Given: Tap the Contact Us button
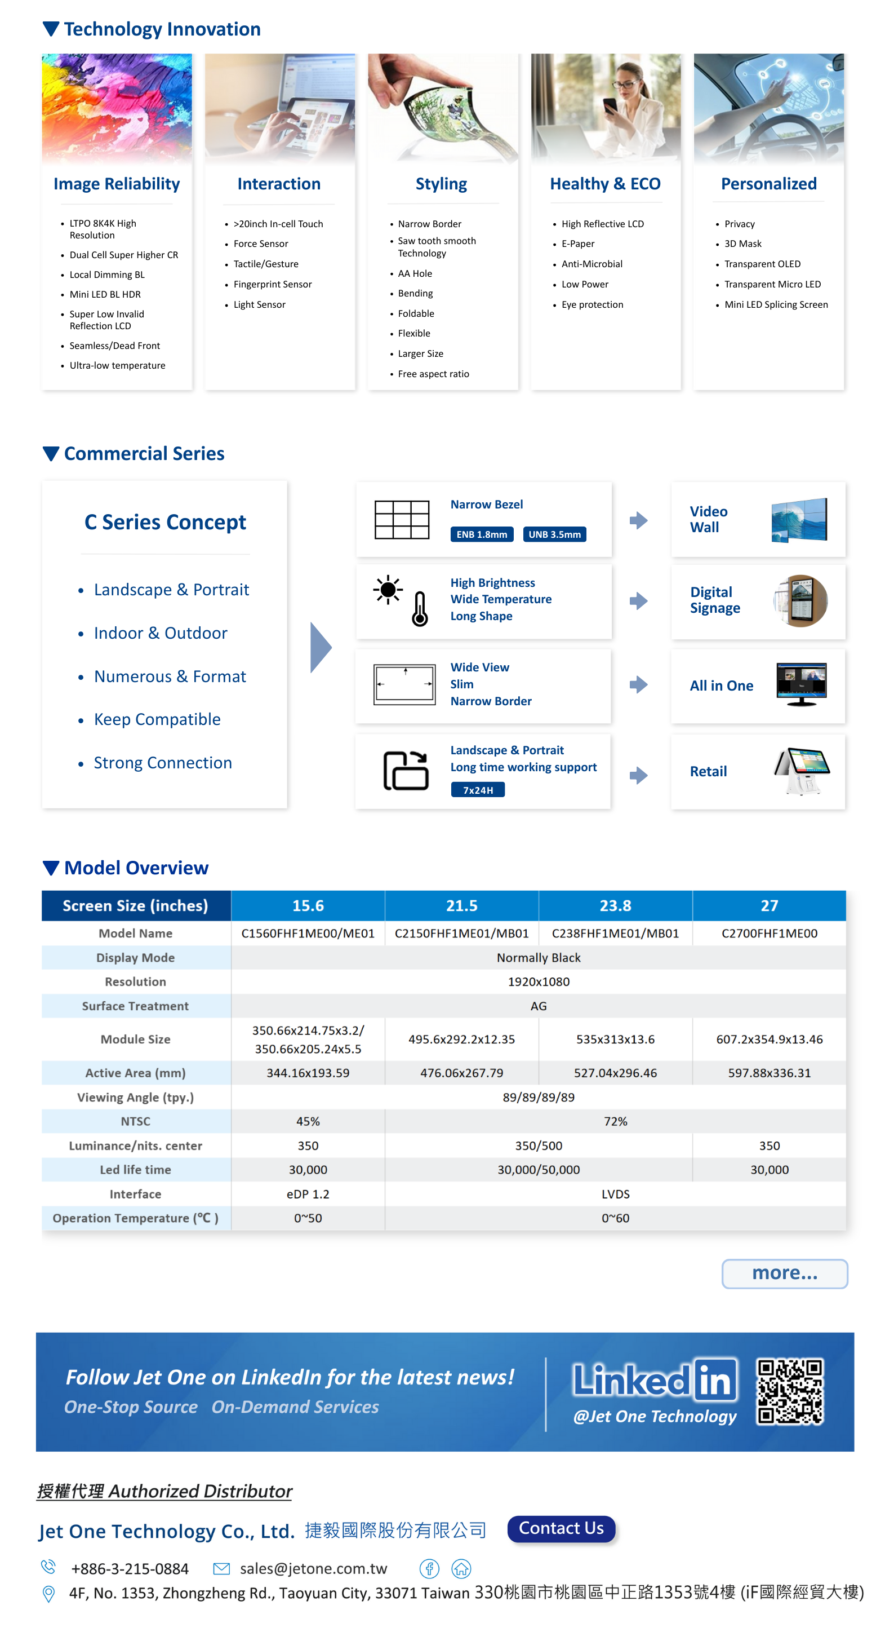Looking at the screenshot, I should pyautogui.click(x=561, y=1528).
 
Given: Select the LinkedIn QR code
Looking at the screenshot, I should pyautogui.click(x=790, y=1391).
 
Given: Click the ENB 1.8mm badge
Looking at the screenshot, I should pyautogui.click(x=482, y=534).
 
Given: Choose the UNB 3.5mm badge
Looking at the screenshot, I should pyautogui.click(x=555, y=534).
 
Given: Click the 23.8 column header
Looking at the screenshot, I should pyautogui.click(x=615, y=905).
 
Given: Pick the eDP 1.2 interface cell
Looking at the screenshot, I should pyautogui.click(x=308, y=1193).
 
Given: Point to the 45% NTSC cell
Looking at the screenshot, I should pyautogui.click(x=308, y=1121).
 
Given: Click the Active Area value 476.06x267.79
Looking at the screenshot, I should pyautogui.click(x=461, y=1073).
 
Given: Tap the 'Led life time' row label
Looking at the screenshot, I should pyautogui.click(x=136, y=1170).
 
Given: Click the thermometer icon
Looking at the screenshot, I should pyautogui.click(x=419, y=609).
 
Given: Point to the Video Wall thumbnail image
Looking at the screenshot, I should pyautogui.click(x=799, y=520).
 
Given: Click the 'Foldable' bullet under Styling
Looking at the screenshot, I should pyautogui.click(x=416, y=313).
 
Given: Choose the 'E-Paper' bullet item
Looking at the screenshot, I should pyautogui.click(x=577, y=244).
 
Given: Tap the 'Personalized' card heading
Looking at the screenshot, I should pyautogui.click(x=768, y=184).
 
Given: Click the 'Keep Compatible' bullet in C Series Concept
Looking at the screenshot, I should pyautogui.click(x=157, y=719).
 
